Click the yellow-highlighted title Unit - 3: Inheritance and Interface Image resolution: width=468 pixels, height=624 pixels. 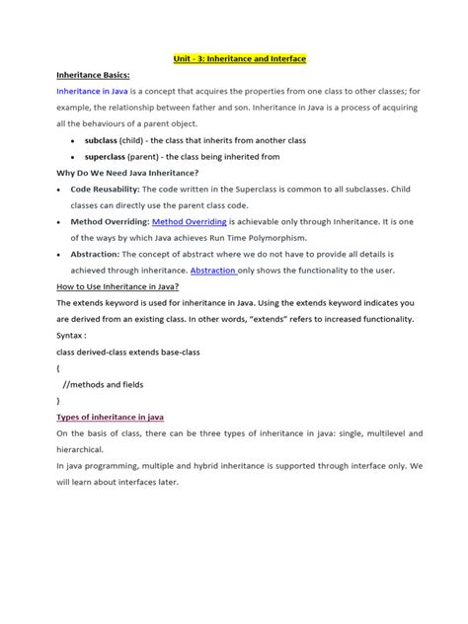pos(241,59)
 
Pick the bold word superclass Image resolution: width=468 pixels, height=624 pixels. pos(110,156)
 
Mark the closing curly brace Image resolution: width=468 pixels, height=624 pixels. pos(59,400)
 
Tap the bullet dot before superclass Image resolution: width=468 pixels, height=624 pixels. pos(75,156)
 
